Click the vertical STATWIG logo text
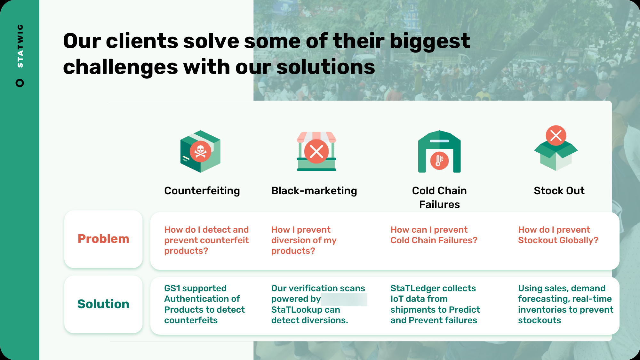click(x=20, y=46)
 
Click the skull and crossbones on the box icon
click(x=200, y=151)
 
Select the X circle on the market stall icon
click(x=316, y=151)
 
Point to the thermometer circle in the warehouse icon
click(x=439, y=161)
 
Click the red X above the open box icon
click(x=556, y=135)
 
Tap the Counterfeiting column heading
click(x=202, y=191)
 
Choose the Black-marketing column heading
click(x=314, y=191)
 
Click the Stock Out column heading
click(x=559, y=191)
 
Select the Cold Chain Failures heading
click(x=439, y=197)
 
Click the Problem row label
click(x=103, y=239)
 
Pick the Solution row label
click(x=103, y=304)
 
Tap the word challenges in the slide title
click(x=120, y=67)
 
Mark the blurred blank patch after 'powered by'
click(x=344, y=299)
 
